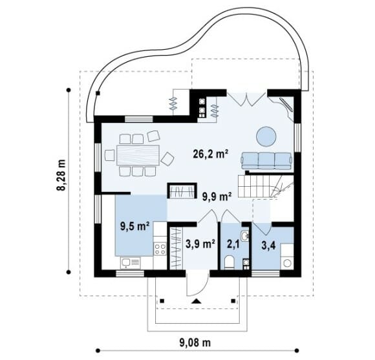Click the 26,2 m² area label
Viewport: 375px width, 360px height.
tap(210, 154)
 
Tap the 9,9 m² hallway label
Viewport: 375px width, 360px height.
tap(217, 196)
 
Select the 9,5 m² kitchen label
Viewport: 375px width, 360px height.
tap(135, 226)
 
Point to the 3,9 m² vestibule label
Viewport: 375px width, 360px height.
tap(200, 244)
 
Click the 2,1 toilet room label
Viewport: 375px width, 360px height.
tap(233, 245)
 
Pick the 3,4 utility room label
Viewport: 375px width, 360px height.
tap(268, 245)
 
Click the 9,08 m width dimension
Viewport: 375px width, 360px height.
tap(195, 343)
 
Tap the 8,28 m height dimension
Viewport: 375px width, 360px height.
tap(61, 175)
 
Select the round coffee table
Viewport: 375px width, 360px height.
tap(266, 136)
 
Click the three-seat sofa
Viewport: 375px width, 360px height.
tap(266, 161)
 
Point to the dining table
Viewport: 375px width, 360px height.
tap(138, 155)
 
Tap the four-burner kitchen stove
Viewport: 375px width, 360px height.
tap(160, 249)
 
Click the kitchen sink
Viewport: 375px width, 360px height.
tap(131, 263)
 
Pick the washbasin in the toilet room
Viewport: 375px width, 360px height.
tap(245, 235)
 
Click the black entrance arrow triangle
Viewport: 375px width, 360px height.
tap(197, 301)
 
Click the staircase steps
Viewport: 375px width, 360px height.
tap(266, 186)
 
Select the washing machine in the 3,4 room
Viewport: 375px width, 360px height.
tap(287, 262)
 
